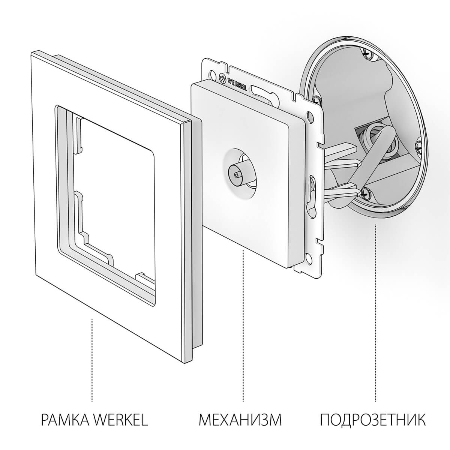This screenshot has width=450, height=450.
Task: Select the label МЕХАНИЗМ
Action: pos(240,419)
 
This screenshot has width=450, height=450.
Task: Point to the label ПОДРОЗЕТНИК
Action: pos(373,419)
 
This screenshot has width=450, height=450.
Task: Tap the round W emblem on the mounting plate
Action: pos(222,78)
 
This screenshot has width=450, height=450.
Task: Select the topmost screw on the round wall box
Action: pos(366,54)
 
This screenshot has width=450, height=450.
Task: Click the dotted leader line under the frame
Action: pos(92,360)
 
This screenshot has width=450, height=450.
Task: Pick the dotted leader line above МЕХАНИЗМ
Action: pos(243,322)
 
